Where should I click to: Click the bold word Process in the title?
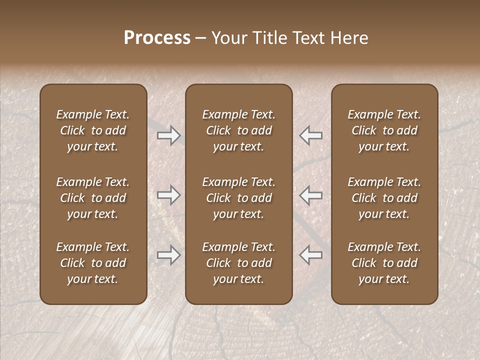157,38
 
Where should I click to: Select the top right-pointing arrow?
169,135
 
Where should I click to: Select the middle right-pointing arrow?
169,195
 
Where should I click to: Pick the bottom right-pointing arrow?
169,255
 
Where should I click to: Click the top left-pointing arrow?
310,135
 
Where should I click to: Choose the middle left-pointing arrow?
310,195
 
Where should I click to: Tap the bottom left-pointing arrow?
310,255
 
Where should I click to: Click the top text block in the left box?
93,130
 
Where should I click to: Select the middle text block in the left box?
93,198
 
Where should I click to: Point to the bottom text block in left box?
93,263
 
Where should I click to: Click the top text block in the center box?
238,130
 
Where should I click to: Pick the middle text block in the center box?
238,198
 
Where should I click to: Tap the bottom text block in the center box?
238,263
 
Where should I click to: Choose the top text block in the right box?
384,130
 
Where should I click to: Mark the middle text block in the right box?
384,198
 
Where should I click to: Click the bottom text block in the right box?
384,263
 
